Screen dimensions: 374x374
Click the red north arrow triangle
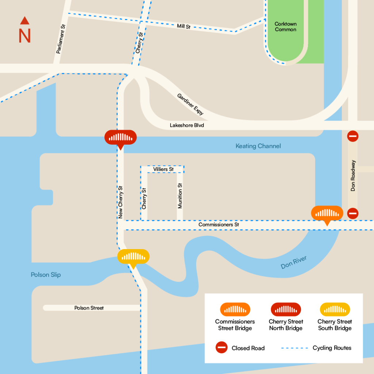(x=24, y=20)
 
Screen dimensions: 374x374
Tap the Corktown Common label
(x=286, y=27)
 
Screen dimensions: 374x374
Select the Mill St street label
(x=183, y=26)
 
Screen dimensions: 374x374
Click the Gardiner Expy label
(x=190, y=104)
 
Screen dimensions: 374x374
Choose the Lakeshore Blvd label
(x=187, y=125)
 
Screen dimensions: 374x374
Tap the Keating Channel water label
(x=258, y=146)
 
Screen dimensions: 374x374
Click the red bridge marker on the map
(x=120, y=138)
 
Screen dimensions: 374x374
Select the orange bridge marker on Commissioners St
(x=327, y=213)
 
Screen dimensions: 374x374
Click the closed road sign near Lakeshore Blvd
(x=352, y=136)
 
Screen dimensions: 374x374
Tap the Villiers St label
(x=163, y=169)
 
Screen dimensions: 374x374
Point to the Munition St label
(x=180, y=196)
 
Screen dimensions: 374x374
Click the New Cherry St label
(x=121, y=202)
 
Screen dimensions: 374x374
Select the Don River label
(x=294, y=263)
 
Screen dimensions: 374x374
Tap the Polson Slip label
(x=46, y=275)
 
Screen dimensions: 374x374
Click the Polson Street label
(x=89, y=308)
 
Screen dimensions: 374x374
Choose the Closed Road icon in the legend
(x=222, y=348)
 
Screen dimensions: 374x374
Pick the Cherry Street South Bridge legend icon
(x=335, y=310)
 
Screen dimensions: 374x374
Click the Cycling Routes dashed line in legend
(x=294, y=348)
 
